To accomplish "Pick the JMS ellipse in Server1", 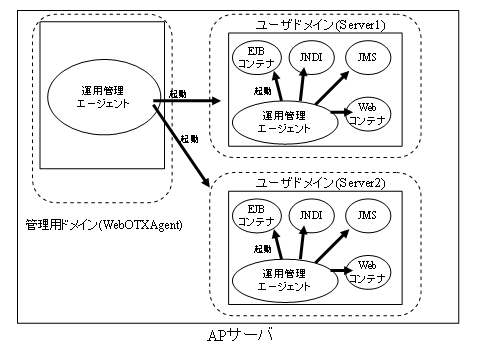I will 368,58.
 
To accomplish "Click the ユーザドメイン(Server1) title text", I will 314,22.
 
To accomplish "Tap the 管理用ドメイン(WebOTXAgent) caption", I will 104,224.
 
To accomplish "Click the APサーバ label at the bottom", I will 241,333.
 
